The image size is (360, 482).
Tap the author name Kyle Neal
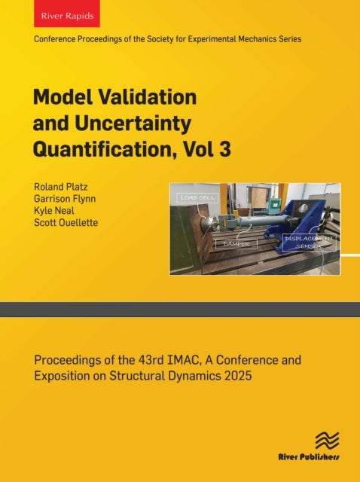tap(53, 211)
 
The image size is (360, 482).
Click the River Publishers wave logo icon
tap(326, 440)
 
